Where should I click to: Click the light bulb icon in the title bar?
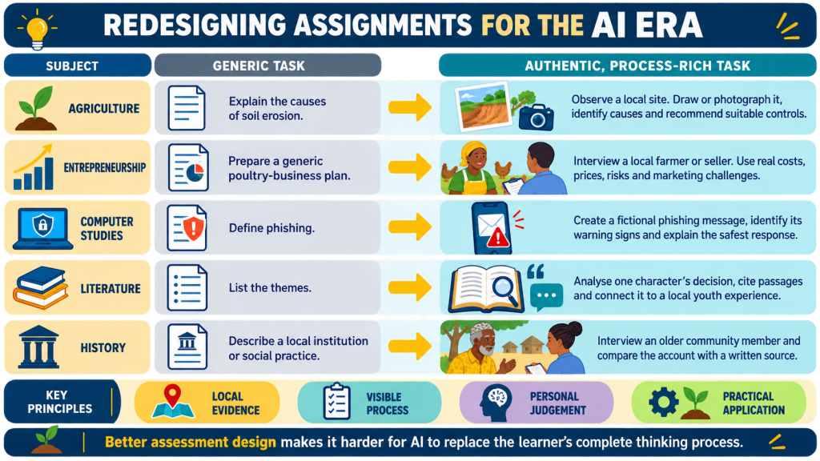(37, 28)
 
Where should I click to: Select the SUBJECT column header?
(72, 66)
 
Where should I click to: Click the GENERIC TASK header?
(259, 66)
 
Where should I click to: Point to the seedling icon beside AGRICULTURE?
(36, 108)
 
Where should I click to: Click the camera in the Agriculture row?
(536, 117)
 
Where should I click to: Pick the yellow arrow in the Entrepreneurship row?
(410, 167)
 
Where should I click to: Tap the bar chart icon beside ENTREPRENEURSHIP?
(34, 166)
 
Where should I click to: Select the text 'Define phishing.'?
(271, 228)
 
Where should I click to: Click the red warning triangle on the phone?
(498, 238)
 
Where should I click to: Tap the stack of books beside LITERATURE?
(41, 287)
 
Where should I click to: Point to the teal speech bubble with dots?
(546, 296)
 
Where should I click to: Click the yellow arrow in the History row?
(410, 347)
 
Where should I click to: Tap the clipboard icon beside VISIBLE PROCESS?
(336, 402)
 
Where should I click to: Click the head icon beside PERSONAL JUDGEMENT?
(495, 403)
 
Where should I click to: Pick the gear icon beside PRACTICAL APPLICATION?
(664, 402)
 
